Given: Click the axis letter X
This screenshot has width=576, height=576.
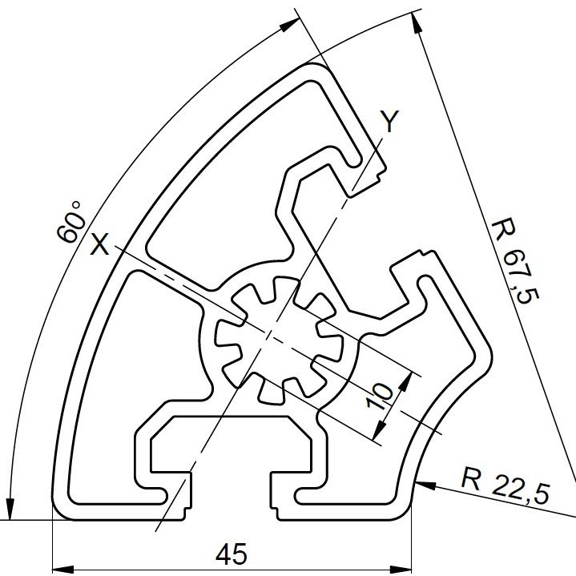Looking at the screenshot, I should tap(99, 244).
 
